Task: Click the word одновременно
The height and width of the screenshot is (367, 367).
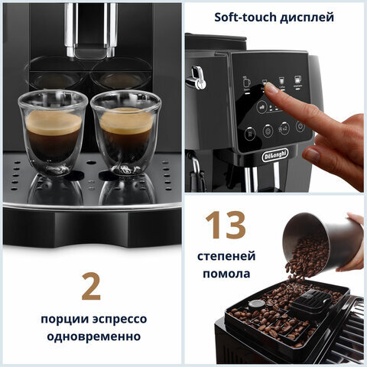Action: click(90, 337)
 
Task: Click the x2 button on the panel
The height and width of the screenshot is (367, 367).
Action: click(284, 128)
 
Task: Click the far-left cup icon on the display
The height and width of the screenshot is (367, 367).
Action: click(246, 81)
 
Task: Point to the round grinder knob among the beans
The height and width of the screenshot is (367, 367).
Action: click(258, 303)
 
